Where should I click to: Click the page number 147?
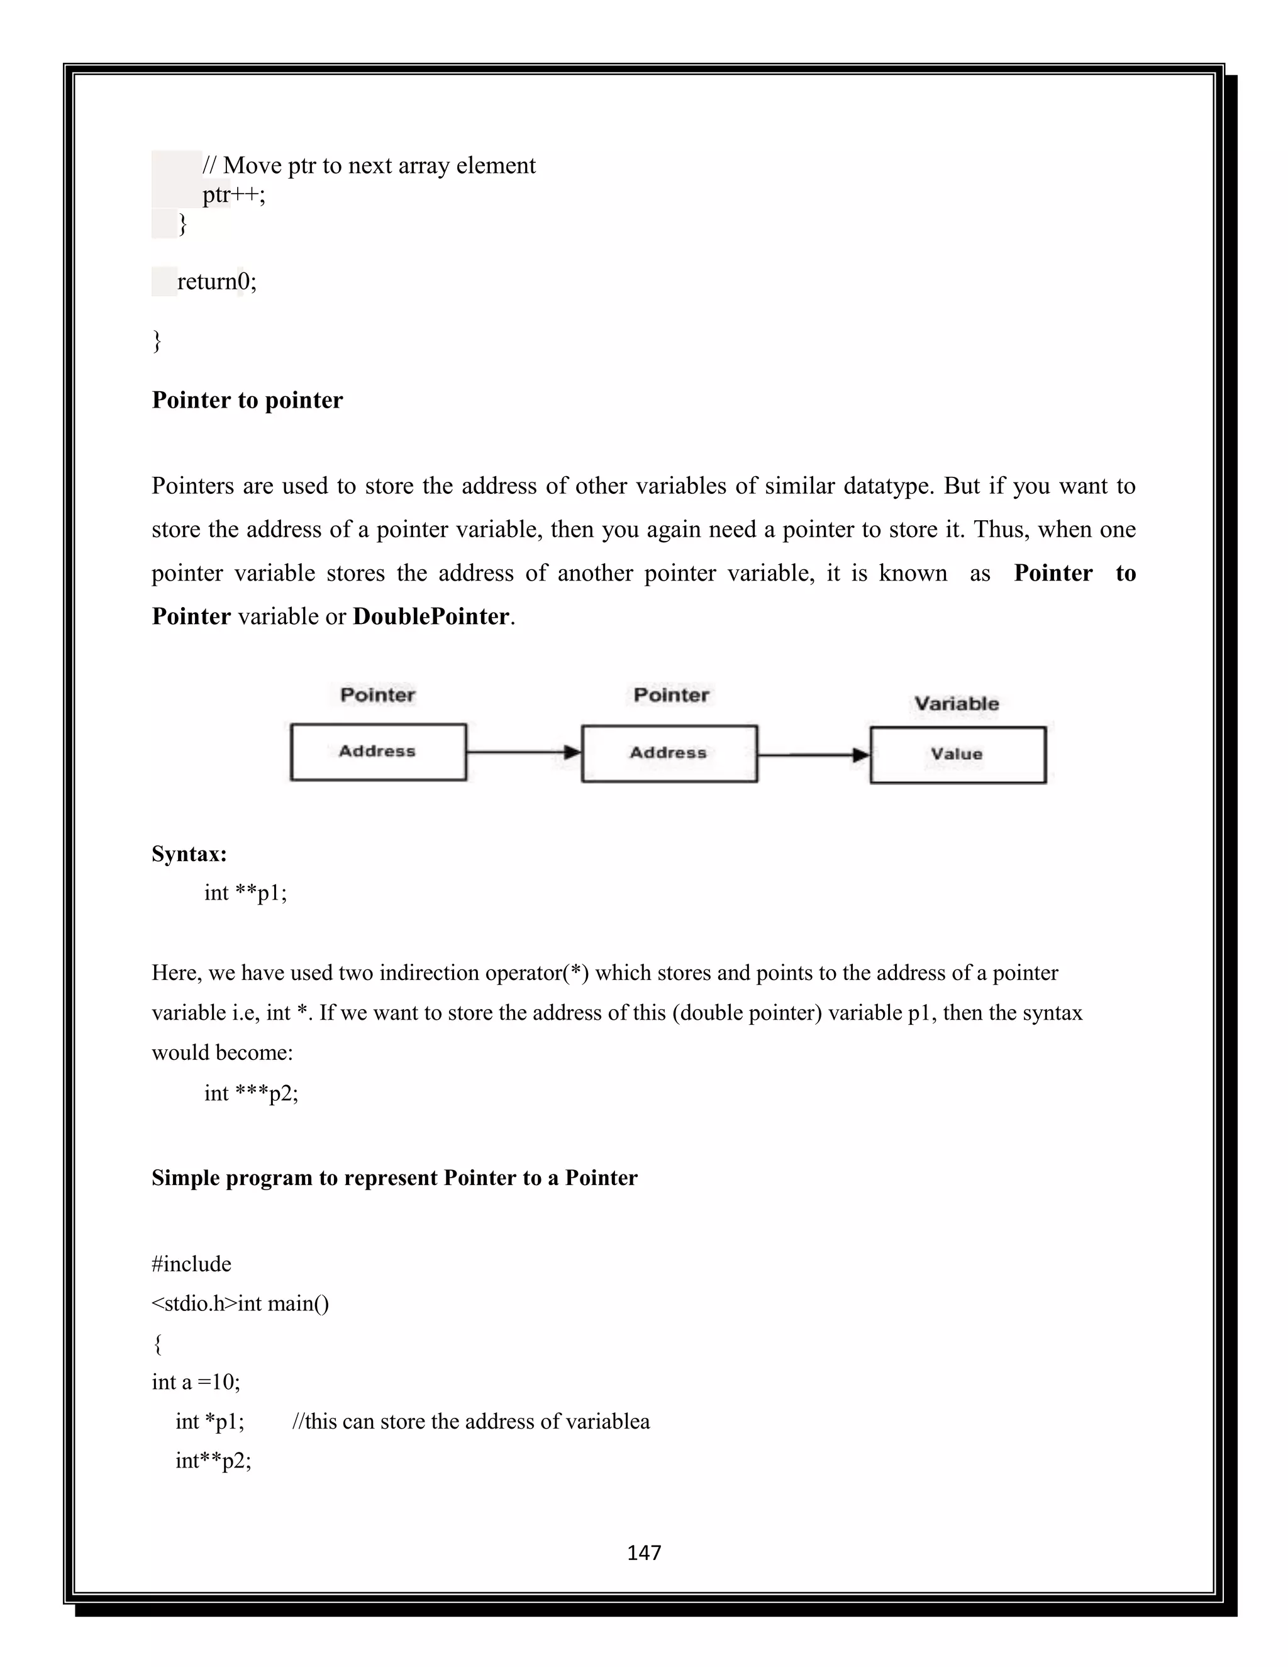coord(643,1552)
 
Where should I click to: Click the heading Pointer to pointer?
coord(247,400)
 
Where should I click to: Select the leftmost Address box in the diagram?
coord(378,752)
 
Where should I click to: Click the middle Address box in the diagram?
coord(669,754)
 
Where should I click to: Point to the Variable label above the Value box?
coord(956,703)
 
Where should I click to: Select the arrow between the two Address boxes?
coord(523,752)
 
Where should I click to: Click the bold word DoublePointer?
coord(431,616)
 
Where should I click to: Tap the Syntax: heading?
coord(189,854)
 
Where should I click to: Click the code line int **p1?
coord(246,892)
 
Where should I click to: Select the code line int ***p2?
coord(251,1093)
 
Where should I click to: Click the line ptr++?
coord(233,194)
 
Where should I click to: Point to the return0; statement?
coord(217,282)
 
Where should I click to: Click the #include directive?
coord(192,1264)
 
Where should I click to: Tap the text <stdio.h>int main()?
coord(240,1303)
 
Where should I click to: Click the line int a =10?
coord(196,1381)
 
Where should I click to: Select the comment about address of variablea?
coord(471,1421)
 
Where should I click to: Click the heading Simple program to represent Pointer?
coord(394,1178)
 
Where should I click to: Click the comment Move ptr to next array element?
coord(369,165)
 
